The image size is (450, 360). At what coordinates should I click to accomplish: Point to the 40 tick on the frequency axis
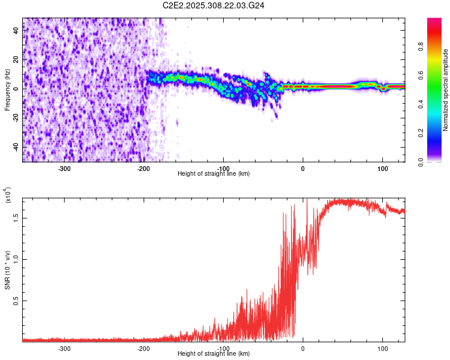point(17,31)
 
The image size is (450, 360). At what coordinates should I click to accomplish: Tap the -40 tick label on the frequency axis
point(16,147)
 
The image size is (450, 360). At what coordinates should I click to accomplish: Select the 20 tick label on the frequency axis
point(17,60)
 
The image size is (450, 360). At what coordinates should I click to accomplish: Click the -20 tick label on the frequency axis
point(16,118)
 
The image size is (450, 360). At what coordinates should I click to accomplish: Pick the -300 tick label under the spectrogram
point(64,169)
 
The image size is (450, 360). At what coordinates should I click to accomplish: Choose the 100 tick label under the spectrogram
point(382,169)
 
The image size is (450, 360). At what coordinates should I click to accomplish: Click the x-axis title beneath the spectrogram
point(214,174)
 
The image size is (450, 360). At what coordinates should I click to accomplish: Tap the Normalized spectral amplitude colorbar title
point(446,91)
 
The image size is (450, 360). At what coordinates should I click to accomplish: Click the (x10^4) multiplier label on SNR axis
point(7,196)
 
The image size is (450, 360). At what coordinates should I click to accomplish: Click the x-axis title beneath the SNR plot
point(214,354)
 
